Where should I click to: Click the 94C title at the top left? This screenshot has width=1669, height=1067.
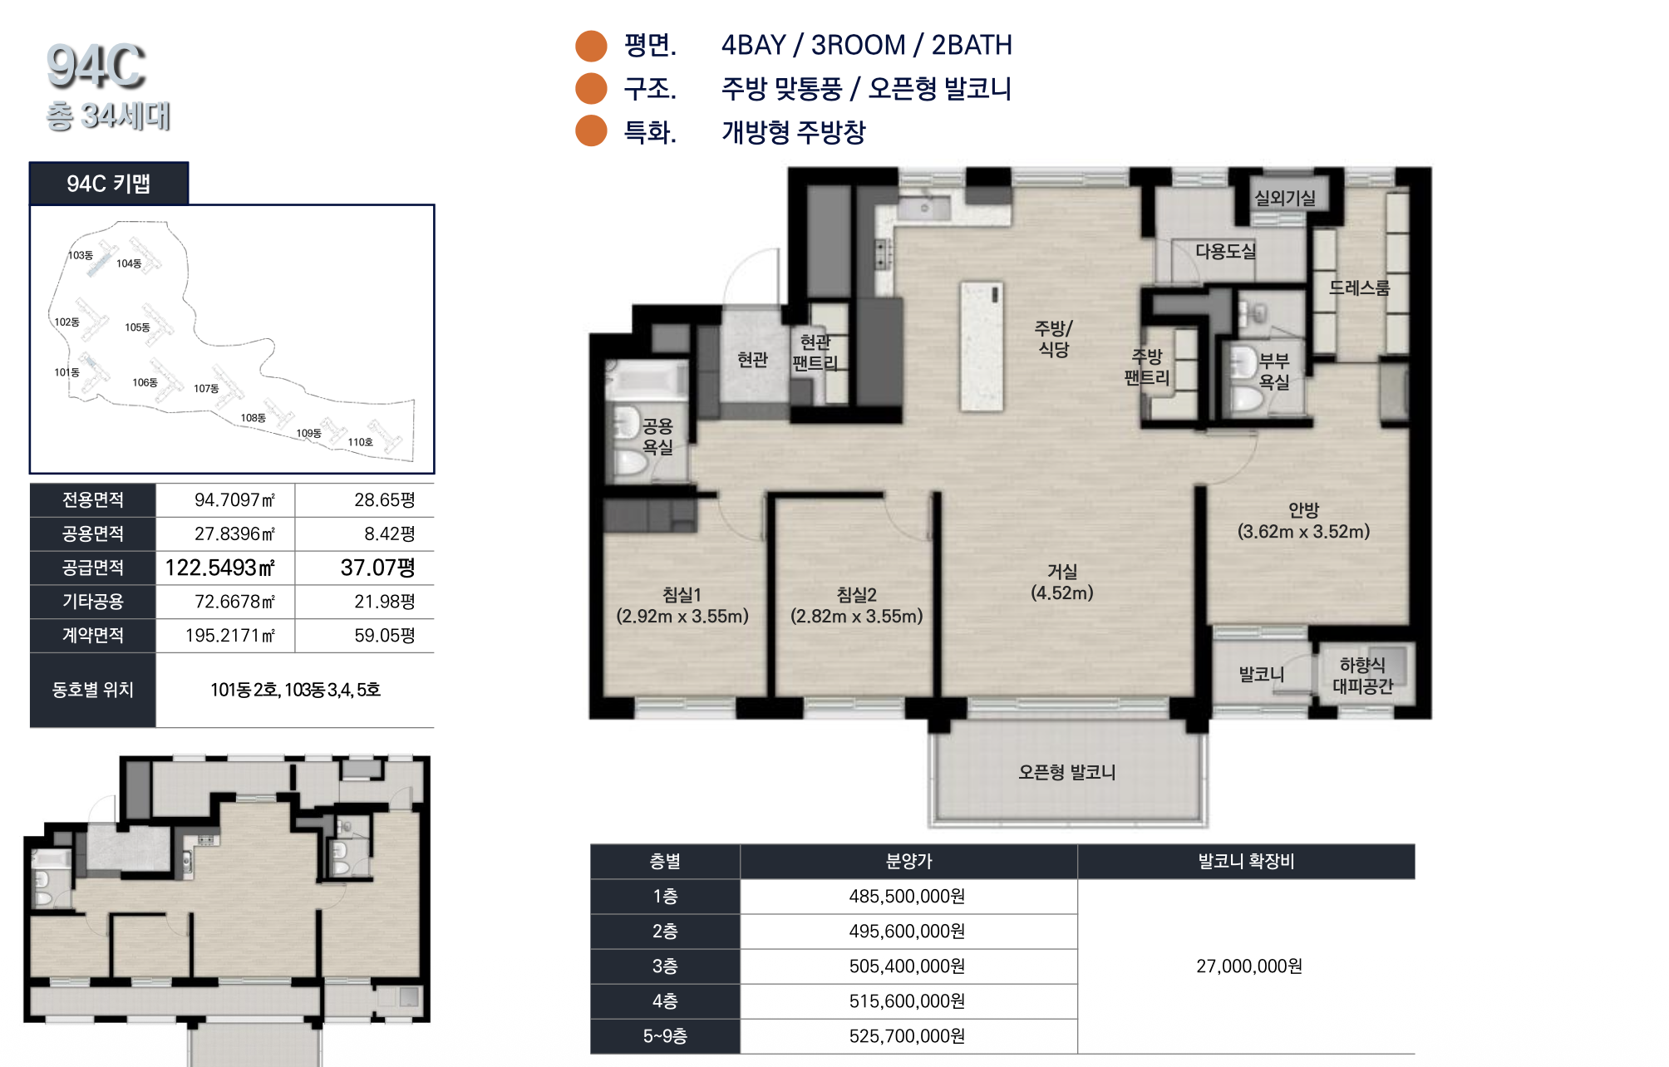pyautogui.click(x=96, y=66)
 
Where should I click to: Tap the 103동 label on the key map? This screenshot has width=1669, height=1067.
pyautogui.click(x=81, y=255)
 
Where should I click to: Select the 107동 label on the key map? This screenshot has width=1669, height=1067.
pyautogui.click(x=206, y=388)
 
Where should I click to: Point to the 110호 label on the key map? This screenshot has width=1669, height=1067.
pyautogui.click(x=360, y=442)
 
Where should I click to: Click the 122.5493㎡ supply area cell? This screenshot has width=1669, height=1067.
pyautogui.click(x=220, y=568)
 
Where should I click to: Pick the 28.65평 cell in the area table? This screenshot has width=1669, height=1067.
pyautogui.click(x=384, y=499)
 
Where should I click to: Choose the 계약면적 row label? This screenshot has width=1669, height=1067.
pyautogui.click(x=93, y=635)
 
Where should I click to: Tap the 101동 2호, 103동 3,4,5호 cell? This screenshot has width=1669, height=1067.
pyautogui.click(x=295, y=690)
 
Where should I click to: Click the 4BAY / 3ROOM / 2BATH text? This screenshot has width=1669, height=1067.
pyautogui.click(x=867, y=45)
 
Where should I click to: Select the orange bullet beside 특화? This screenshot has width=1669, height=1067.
pyautogui.click(x=592, y=131)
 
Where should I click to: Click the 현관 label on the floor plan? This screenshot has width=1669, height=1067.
pyautogui.click(x=752, y=360)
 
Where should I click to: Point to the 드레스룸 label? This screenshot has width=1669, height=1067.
pyautogui.click(x=1359, y=288)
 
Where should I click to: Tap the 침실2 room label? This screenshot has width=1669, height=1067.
pyautogui.click(x=856, y=595)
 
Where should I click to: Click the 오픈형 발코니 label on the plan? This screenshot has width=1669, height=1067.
pyautogui.click(x=1066, y=772)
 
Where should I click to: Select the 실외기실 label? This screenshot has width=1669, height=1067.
pyautogui.click(x=1285, y=198)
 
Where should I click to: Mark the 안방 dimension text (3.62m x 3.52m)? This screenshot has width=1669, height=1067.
pyautogui.click(x=1303, y=532)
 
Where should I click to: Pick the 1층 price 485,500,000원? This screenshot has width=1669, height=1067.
pyautogui.click(x=907, y=897)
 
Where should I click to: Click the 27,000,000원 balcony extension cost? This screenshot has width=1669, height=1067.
pyautogui.click(x=1249, y=966)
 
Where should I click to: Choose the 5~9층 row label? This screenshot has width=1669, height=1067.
pyautogui.click(x=665, y=1036)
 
